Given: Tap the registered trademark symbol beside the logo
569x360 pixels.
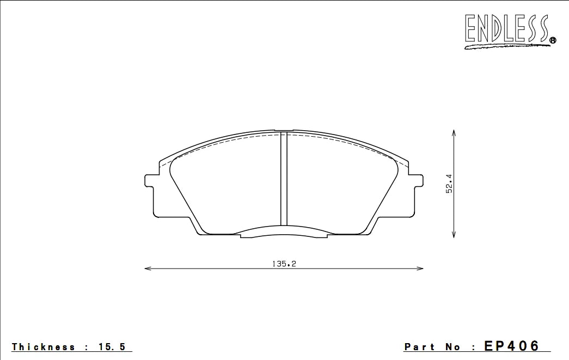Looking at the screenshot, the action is pyautogui.click(x=553, y=40).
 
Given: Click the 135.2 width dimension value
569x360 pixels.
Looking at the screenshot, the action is pyautogui.click(x=284, y=264).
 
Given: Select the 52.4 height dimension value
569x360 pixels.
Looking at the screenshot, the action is pyautogui.click(x=449, y=184).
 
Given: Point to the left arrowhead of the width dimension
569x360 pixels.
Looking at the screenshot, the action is pyautogui.click(x=148, y=269).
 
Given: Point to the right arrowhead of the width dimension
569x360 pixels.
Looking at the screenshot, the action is pyautogui.click(x=420, y=269).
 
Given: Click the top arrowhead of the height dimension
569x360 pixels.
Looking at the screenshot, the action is pyautogui.click(x=454, y=132).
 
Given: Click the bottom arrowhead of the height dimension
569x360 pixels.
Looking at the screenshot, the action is pyautogui.click(x=454, y=234).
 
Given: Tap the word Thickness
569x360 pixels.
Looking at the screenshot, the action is pyautogui.click(x=43, y=346).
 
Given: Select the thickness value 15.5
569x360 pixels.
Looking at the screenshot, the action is pyautogui.click(x=112, y=347).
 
